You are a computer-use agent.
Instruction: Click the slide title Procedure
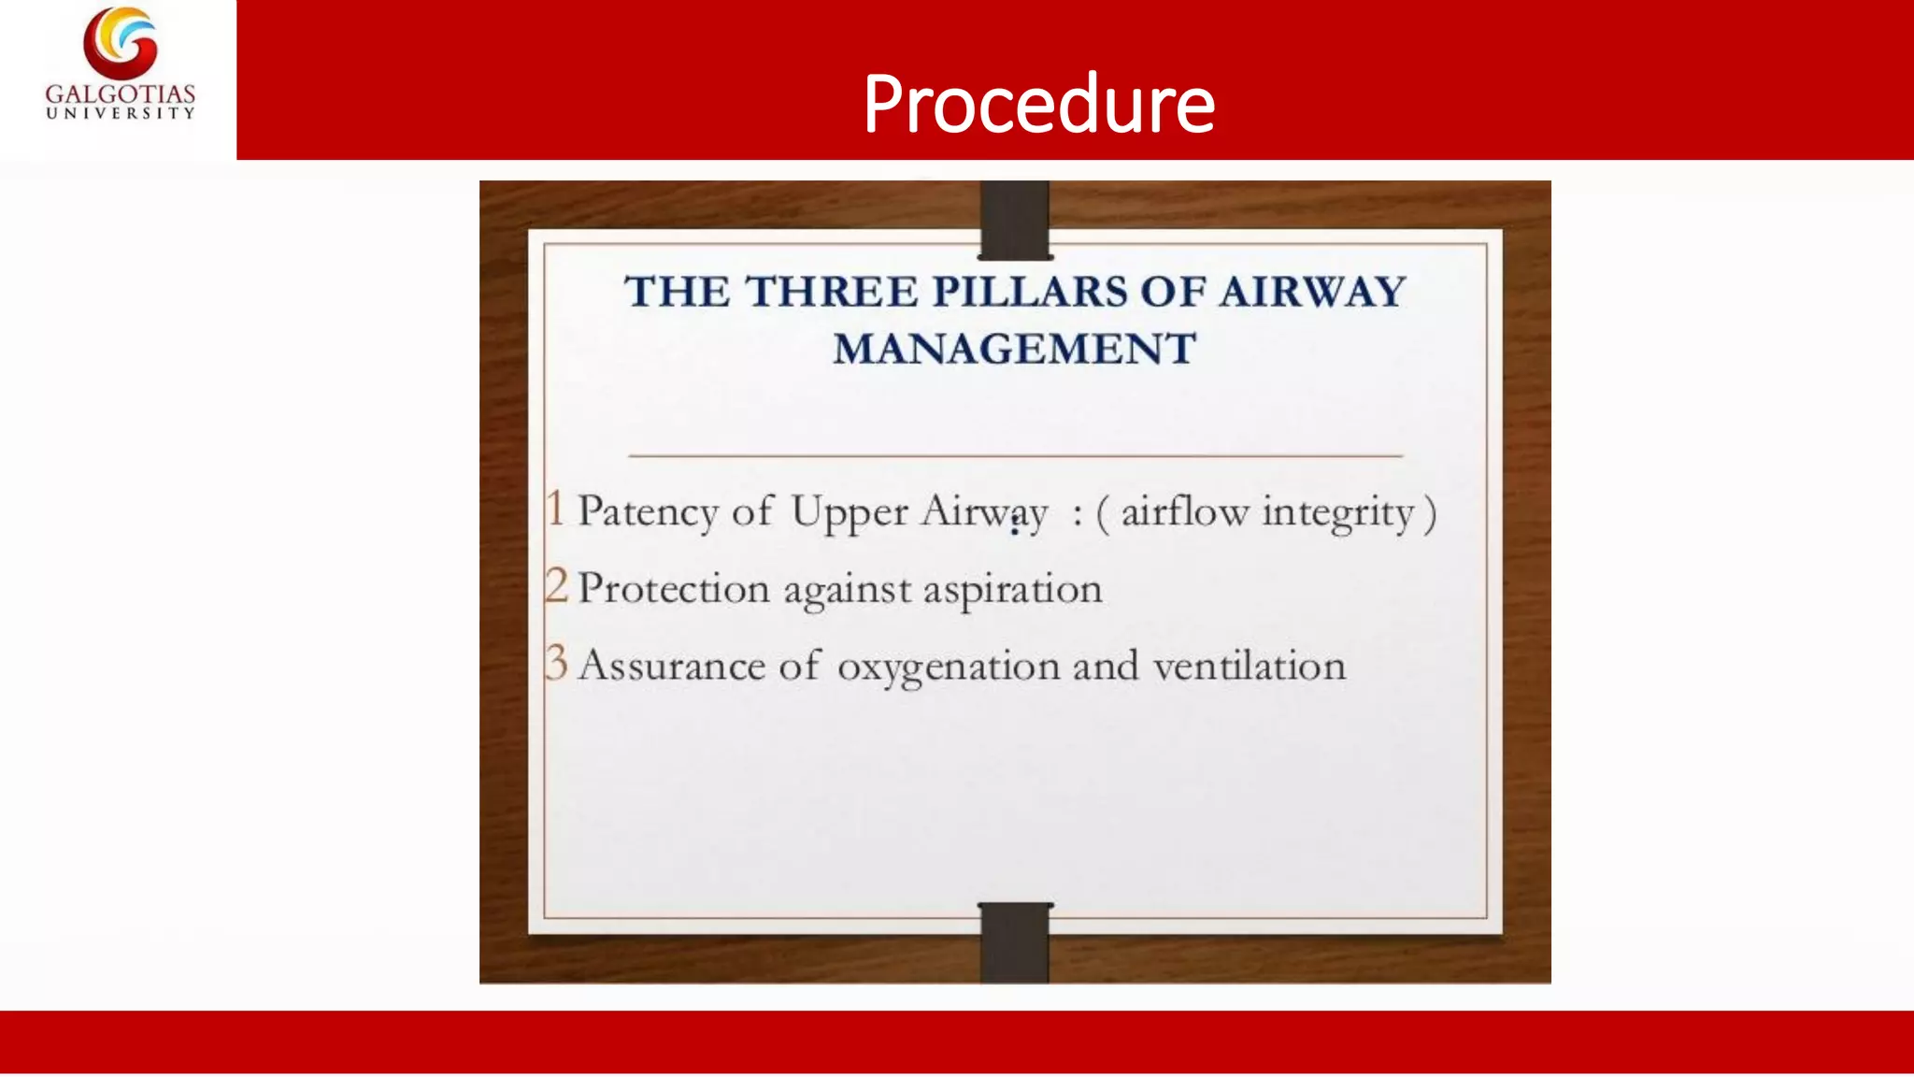click(1038, 104)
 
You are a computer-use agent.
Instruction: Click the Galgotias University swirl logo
click(121, 43)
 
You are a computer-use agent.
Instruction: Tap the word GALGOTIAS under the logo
click(121, 94)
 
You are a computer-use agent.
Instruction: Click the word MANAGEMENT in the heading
click(1014, 350)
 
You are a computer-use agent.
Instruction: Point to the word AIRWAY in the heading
click(1312, 292)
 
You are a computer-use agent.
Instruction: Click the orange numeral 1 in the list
click(556, 510)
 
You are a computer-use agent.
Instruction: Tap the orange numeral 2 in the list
click(556, 586)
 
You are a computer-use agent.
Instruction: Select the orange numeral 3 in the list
click(556, 663)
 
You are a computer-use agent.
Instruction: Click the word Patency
click(648, 512)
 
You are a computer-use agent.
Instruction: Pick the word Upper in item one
click(849, 513)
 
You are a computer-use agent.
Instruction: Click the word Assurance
click(671, 666)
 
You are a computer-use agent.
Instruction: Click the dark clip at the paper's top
click(1015, 221)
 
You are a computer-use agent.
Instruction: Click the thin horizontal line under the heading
click(1015, 455)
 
